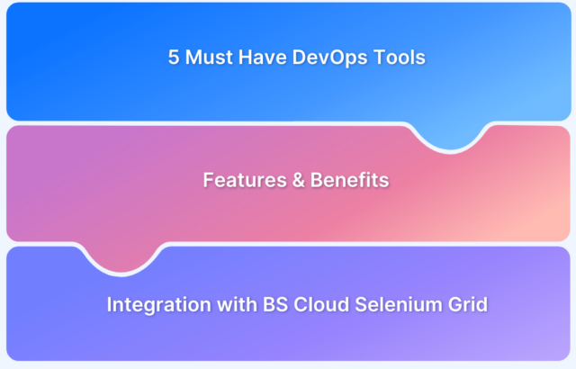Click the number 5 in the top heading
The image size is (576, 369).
tap(174, 58)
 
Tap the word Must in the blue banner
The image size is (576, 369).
tap(209, 58)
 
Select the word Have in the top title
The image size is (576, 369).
tap(263, 58)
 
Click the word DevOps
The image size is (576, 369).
tap(330, 58)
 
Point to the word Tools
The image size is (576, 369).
tap(400, 58)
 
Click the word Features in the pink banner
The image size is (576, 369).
tap(245, 180)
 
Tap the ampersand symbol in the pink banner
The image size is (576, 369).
tap(298, 180)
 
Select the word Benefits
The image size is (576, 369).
tap(349, 180)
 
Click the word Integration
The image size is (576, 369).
tap(158, 305)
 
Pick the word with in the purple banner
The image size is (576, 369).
tap(237, 304)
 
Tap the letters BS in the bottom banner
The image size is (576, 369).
tap(275, 304)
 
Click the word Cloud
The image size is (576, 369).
tap(321, 304)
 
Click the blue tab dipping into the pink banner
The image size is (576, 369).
tap(450, 137)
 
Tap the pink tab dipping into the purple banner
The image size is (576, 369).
tap(121, 258)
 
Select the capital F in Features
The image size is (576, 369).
tap(209, 180)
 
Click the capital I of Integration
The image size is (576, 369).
tap(109, 304)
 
